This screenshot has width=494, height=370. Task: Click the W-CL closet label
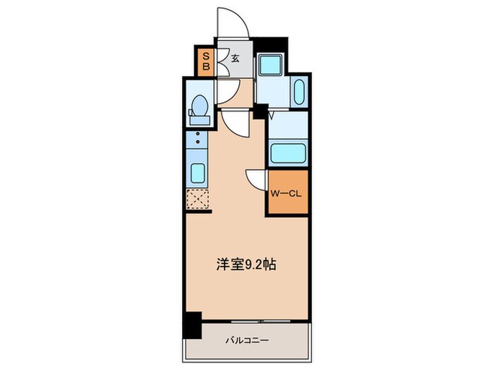(286, 192)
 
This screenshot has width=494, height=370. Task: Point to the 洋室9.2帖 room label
(245, 266)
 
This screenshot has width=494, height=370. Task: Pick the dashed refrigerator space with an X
(198, 199)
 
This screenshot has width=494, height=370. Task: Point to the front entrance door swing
(231, 25)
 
